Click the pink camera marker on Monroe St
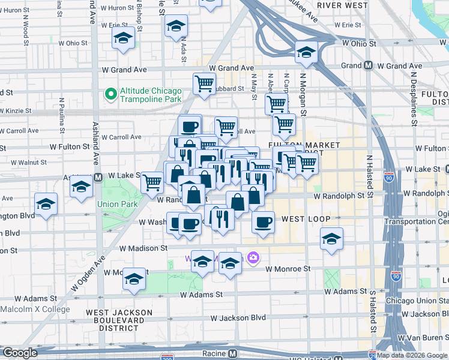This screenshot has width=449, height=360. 253,258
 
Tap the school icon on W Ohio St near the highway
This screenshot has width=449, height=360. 306,53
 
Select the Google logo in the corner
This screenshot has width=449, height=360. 20,353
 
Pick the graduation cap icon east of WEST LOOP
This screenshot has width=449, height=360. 332,239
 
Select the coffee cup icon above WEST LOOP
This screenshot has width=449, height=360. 263,223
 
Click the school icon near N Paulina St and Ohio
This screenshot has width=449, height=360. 123,38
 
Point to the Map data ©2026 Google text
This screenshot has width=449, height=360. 412,355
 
